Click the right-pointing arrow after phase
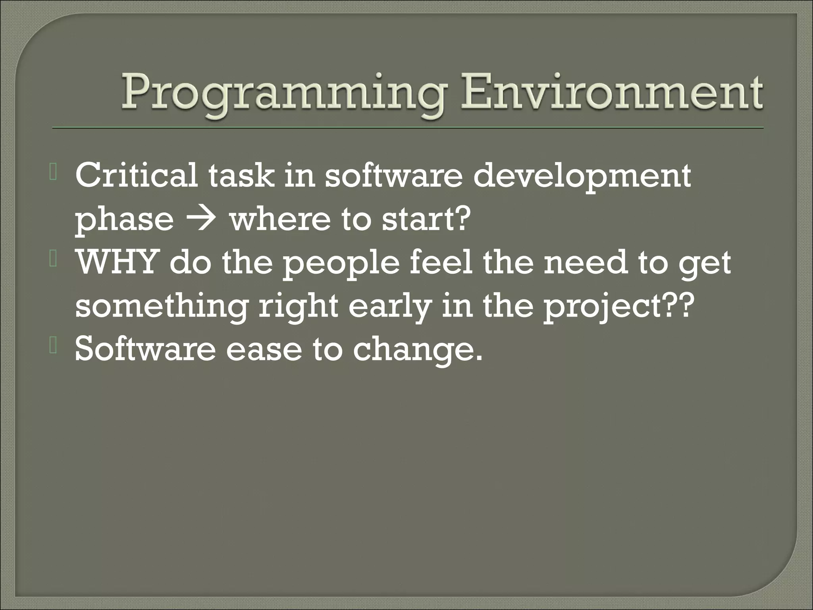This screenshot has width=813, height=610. pyautogui.click(x=202, y=220)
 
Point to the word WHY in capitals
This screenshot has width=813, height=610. pyautogui.click(x=115, y=263)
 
